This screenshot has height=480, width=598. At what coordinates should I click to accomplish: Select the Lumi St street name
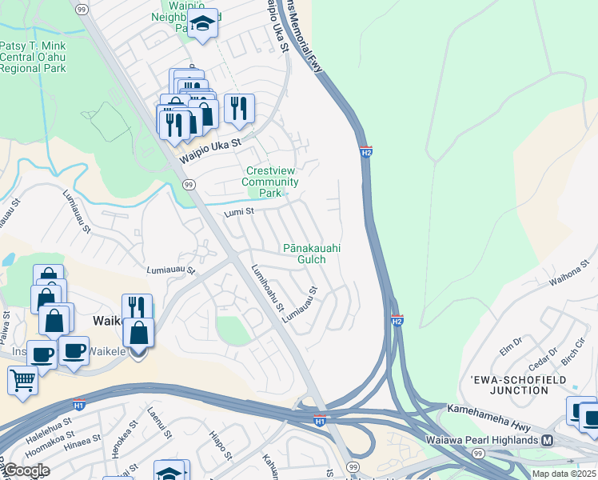coord(238,212)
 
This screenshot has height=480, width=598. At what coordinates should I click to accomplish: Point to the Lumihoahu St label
coord(268,288)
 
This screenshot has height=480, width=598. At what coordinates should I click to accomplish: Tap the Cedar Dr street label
coord(543,354)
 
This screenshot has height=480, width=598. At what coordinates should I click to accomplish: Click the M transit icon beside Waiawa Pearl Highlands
coord(548,440)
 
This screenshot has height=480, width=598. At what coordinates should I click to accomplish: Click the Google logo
coord(26,470)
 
